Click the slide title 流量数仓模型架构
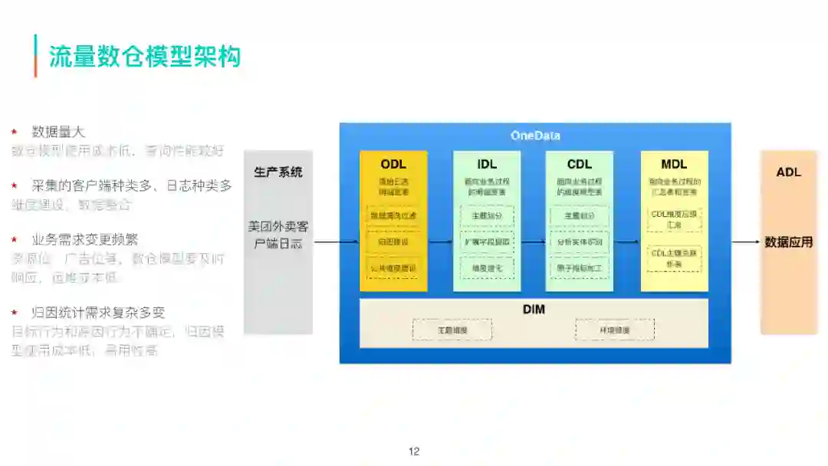tap(145, 56)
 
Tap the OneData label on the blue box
tap(535, 136)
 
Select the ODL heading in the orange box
tap(393, 164)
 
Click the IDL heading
tap(487, 164)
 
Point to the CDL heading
tap(580, 164)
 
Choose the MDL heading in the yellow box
tap(674, 164)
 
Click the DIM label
tap(534, 310)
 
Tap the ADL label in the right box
tap(788, 172)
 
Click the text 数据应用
tap(788, 242)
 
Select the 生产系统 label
tap(278, 172)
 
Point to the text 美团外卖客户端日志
tap(278, 235)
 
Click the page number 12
tap(414, 451)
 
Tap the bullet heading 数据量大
tap(58, 132)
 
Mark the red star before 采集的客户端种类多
tap(15, 185)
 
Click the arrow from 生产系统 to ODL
tap(336, 242)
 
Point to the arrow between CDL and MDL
tap(626, 242)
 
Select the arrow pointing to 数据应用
tap(745, 242)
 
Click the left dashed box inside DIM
tap(452, 330)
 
